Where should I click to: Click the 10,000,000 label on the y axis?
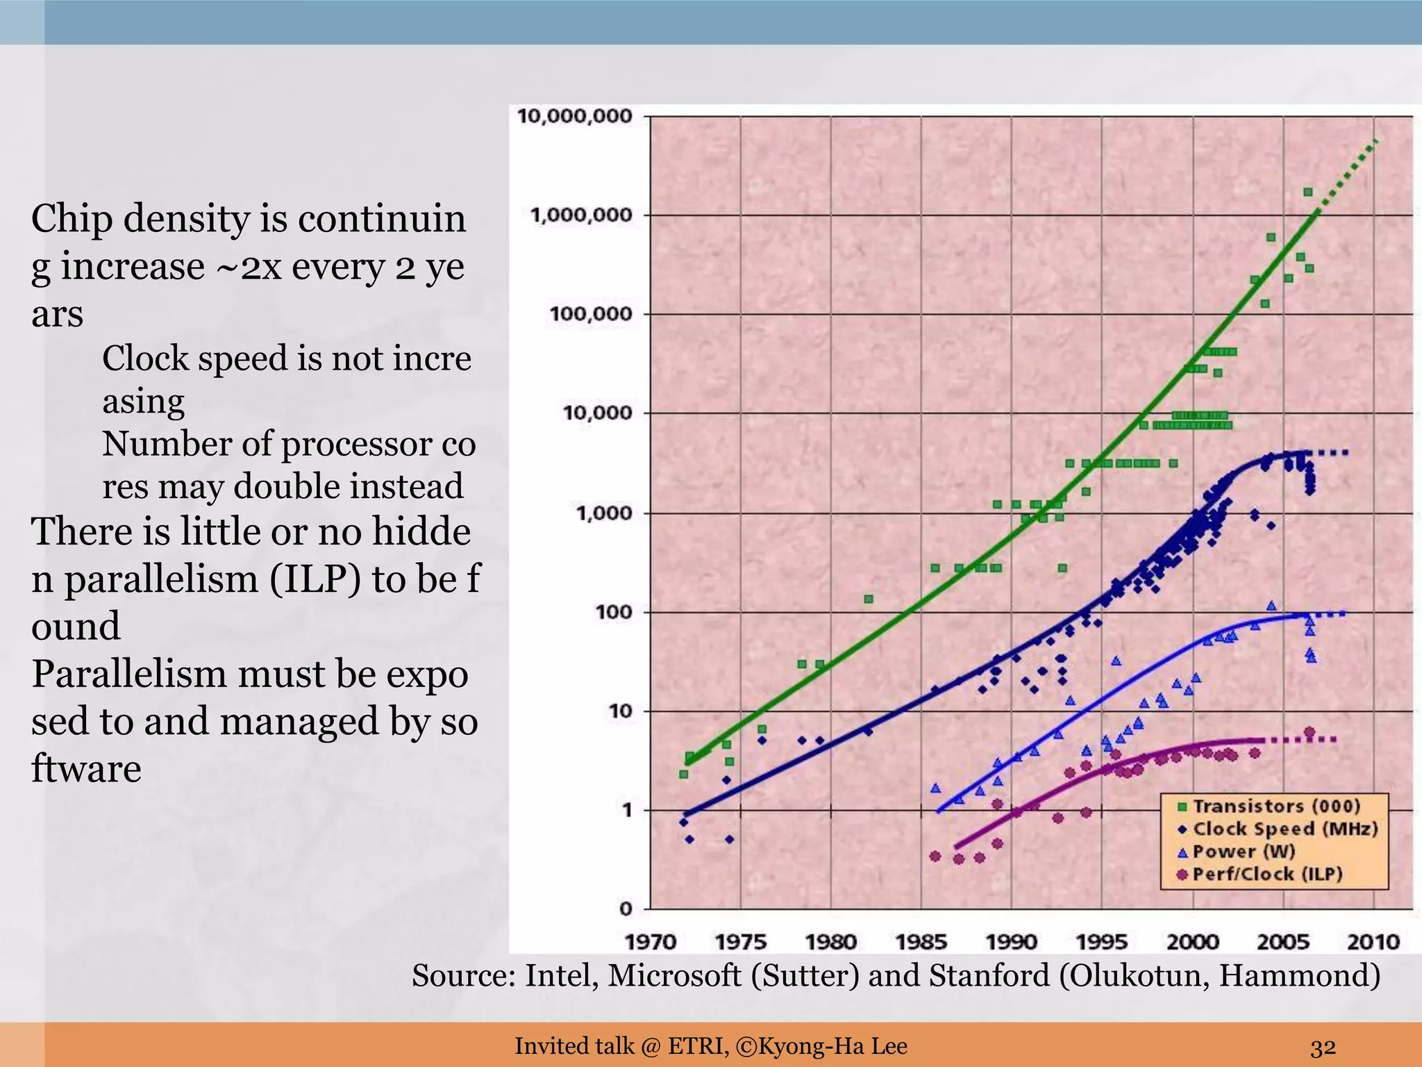coord(575,116)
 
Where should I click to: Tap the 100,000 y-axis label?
coord(591,314)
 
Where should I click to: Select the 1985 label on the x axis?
coord(921,942)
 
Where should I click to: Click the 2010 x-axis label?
coord(1373,942)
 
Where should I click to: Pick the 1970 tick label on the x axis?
coord(651,942)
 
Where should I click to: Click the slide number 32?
coord(1323,1046)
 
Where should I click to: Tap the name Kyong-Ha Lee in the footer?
coord(833,1045)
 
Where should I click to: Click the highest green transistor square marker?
coord(1307,192)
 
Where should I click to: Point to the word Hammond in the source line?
coord(1299,975)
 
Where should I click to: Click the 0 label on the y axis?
coord(626,908)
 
